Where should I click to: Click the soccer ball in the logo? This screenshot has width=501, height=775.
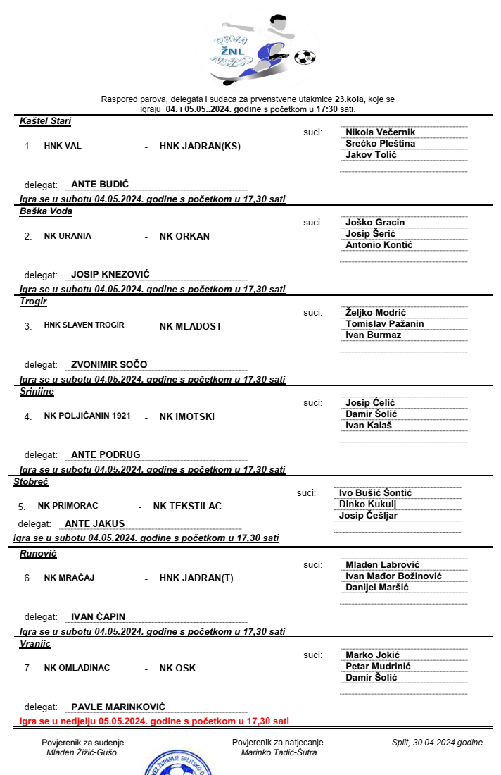point(304,57)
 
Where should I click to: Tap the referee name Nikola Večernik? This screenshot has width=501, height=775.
point(380,132)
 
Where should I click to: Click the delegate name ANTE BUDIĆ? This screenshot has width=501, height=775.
point(100,185)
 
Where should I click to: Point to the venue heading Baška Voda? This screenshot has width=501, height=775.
point(46,211)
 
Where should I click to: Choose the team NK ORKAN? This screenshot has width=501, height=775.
point(184,237)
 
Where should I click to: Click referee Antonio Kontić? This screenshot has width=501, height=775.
point(379,245)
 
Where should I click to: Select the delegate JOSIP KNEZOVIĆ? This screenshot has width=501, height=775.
point(110,275)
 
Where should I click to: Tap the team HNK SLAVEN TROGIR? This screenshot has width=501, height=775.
point(84,325)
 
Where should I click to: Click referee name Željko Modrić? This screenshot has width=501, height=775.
point(375,313)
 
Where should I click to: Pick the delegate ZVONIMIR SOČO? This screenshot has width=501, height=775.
point(109,365)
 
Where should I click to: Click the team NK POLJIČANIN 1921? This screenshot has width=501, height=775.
point(87,416)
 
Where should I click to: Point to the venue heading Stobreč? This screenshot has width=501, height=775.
point(30,482)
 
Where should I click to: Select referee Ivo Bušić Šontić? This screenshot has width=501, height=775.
point(375,493)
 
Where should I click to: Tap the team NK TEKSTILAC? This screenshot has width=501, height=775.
point(187,507)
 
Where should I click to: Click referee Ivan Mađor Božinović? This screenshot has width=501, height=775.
point(393,576)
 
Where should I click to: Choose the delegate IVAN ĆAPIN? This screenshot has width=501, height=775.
point(98,617)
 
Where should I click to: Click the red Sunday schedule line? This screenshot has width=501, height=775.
point(153,721)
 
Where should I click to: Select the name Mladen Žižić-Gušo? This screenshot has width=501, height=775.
point(82,752)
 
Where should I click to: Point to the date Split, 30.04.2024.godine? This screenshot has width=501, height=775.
point(437,743)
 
